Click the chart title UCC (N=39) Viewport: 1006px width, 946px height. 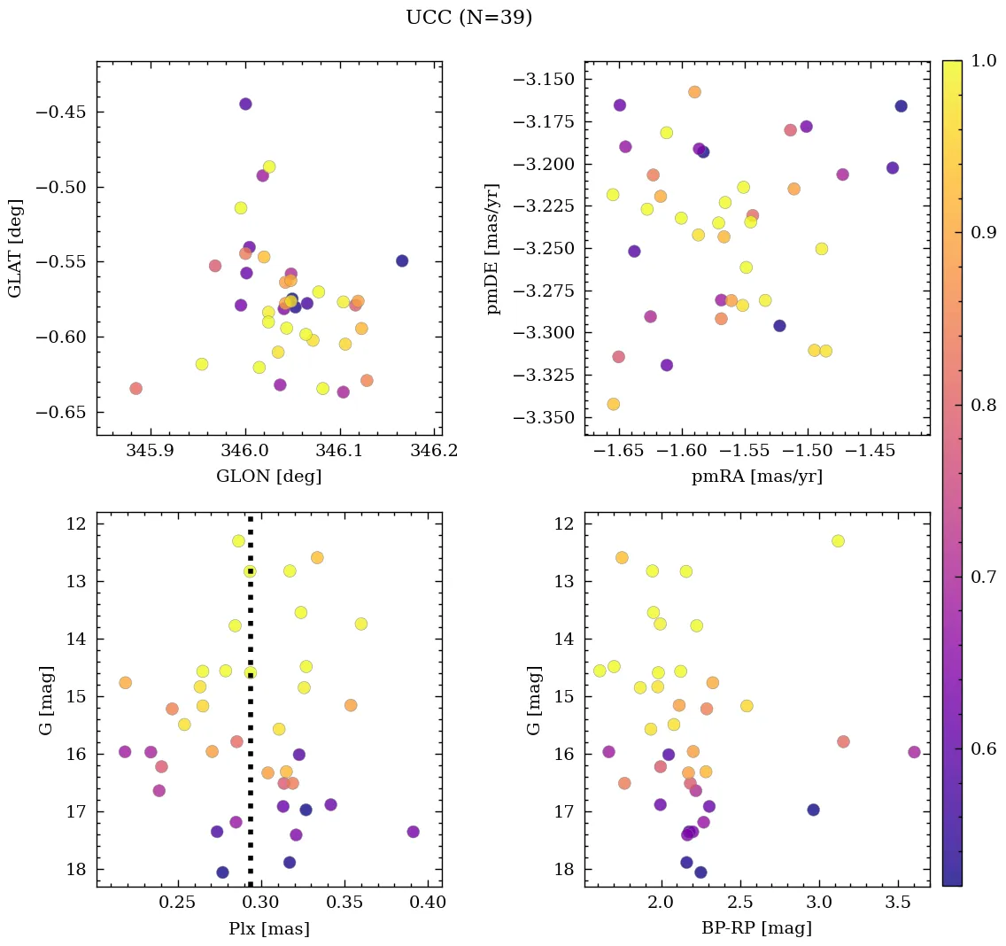(x=468, y=18)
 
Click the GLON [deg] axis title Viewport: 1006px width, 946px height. (x=268, y=477)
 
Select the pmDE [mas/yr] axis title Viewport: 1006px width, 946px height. (x=493, y=249)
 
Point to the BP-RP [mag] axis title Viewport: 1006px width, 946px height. (x=756, y=928)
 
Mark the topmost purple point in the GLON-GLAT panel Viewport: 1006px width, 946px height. (x=245, y=105)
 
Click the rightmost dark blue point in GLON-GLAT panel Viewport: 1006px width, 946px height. (x=402, y=260)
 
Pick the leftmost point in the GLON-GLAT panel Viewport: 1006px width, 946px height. (x=135, y=389)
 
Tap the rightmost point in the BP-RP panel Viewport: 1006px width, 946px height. (x=914, y=752)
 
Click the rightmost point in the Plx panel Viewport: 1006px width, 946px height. (x=413, y=832)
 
